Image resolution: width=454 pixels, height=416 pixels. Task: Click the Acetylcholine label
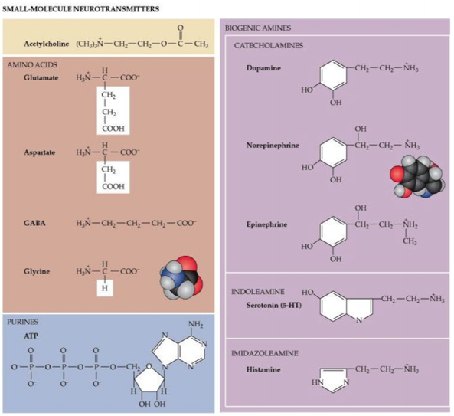tap(47, 44)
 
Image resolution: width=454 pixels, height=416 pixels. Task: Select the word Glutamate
tap(41, 77)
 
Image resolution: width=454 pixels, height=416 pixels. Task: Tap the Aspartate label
tap(39, 152)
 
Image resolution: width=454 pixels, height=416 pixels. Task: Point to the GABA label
tap(34, 223)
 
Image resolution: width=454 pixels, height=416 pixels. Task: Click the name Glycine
tap(37, 271)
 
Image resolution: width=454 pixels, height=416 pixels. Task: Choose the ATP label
tap(31, 336)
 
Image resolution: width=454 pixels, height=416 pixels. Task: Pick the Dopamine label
tap(263, 68)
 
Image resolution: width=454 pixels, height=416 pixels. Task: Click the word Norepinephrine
tap(273, 145)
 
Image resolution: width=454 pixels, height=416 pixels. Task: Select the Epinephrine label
tap(266, 224)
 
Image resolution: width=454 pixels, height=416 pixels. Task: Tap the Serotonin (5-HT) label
tap(274, 305)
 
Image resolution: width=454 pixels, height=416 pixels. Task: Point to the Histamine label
tap(263, 369)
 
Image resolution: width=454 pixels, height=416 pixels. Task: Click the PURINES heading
tap(22, 322)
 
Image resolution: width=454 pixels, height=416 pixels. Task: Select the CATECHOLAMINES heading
tap(269, 45)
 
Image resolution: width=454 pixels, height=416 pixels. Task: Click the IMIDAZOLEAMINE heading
tap(265, 353)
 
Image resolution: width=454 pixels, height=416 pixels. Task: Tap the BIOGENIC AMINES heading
tap(258, 28)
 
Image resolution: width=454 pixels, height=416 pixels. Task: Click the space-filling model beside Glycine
tap(181, 277)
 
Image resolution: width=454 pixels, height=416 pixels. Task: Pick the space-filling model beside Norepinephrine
tap(417, 176)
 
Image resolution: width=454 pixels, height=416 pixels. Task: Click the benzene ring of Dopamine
tap(333, 75)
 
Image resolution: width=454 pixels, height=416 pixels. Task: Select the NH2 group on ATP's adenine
tap(196, 324)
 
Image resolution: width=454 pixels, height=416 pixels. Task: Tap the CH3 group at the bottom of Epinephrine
tap(410, 241)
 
